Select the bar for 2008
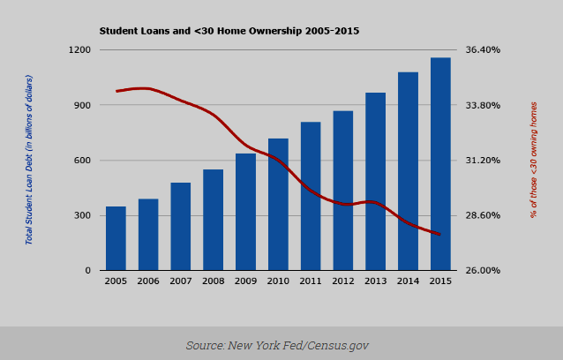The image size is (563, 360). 213,220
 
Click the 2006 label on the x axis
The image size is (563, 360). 148,281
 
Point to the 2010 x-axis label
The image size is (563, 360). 278,281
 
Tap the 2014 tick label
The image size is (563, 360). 408,281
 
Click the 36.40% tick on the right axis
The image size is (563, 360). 483,50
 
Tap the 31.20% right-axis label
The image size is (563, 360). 483,161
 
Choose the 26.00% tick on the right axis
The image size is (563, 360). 483,271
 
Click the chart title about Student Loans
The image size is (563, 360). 229,31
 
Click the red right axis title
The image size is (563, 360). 534,160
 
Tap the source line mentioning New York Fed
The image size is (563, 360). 277,345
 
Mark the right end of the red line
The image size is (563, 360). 439,234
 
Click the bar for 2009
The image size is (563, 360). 245,212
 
